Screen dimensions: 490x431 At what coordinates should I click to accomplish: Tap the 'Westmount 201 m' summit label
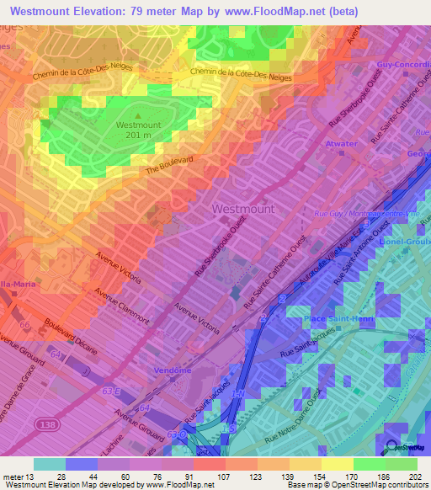(140, 130)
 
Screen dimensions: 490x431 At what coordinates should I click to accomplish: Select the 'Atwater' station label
(342, 144)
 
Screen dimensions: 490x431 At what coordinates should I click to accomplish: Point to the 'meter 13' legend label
(16, 476)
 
